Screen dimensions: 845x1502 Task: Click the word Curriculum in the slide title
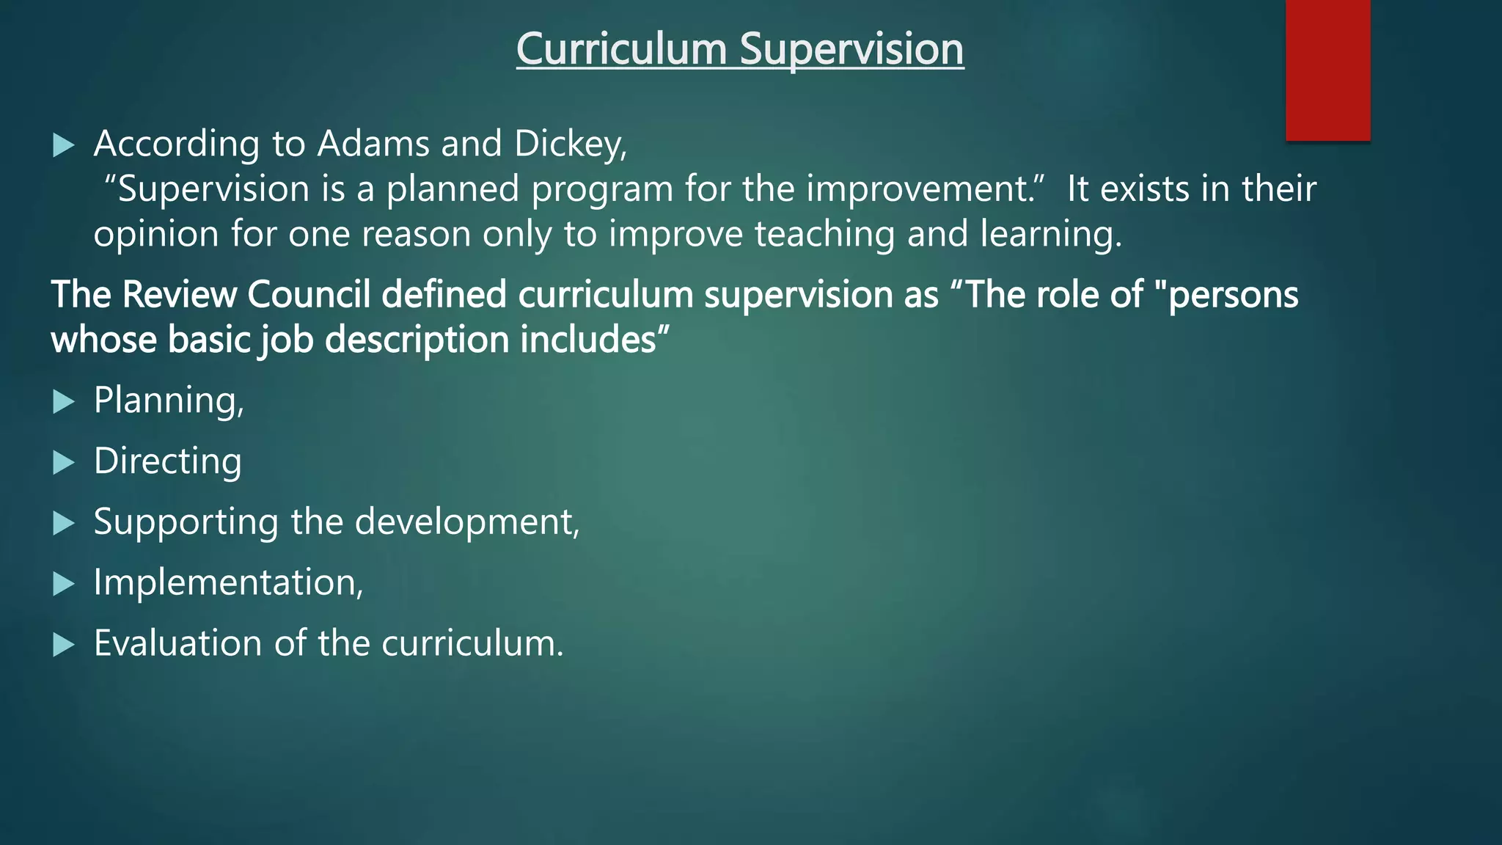(x=621, y=49)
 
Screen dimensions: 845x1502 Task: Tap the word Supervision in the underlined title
(x=851, y=49)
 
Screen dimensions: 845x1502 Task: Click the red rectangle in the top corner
(x=1327, y=70)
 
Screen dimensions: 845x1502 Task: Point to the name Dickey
(x=569, y=144)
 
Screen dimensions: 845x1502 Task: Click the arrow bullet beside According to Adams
(x=65, y=145)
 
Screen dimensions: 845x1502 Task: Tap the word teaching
(x=824, y=235)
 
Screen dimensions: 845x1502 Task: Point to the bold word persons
(x=1233, y=295)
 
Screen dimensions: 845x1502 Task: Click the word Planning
(x=168, y=401)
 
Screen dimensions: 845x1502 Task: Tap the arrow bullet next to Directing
(x=65, y=463)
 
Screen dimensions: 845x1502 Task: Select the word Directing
(x=167, y=461)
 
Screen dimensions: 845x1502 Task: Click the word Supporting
(x=186, y=522)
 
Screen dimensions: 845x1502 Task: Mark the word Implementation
(x=227, y=583)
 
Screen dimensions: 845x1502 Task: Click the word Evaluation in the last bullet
(x=177, y=644)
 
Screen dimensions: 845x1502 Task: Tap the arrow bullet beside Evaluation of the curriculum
(x=65, y=645)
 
